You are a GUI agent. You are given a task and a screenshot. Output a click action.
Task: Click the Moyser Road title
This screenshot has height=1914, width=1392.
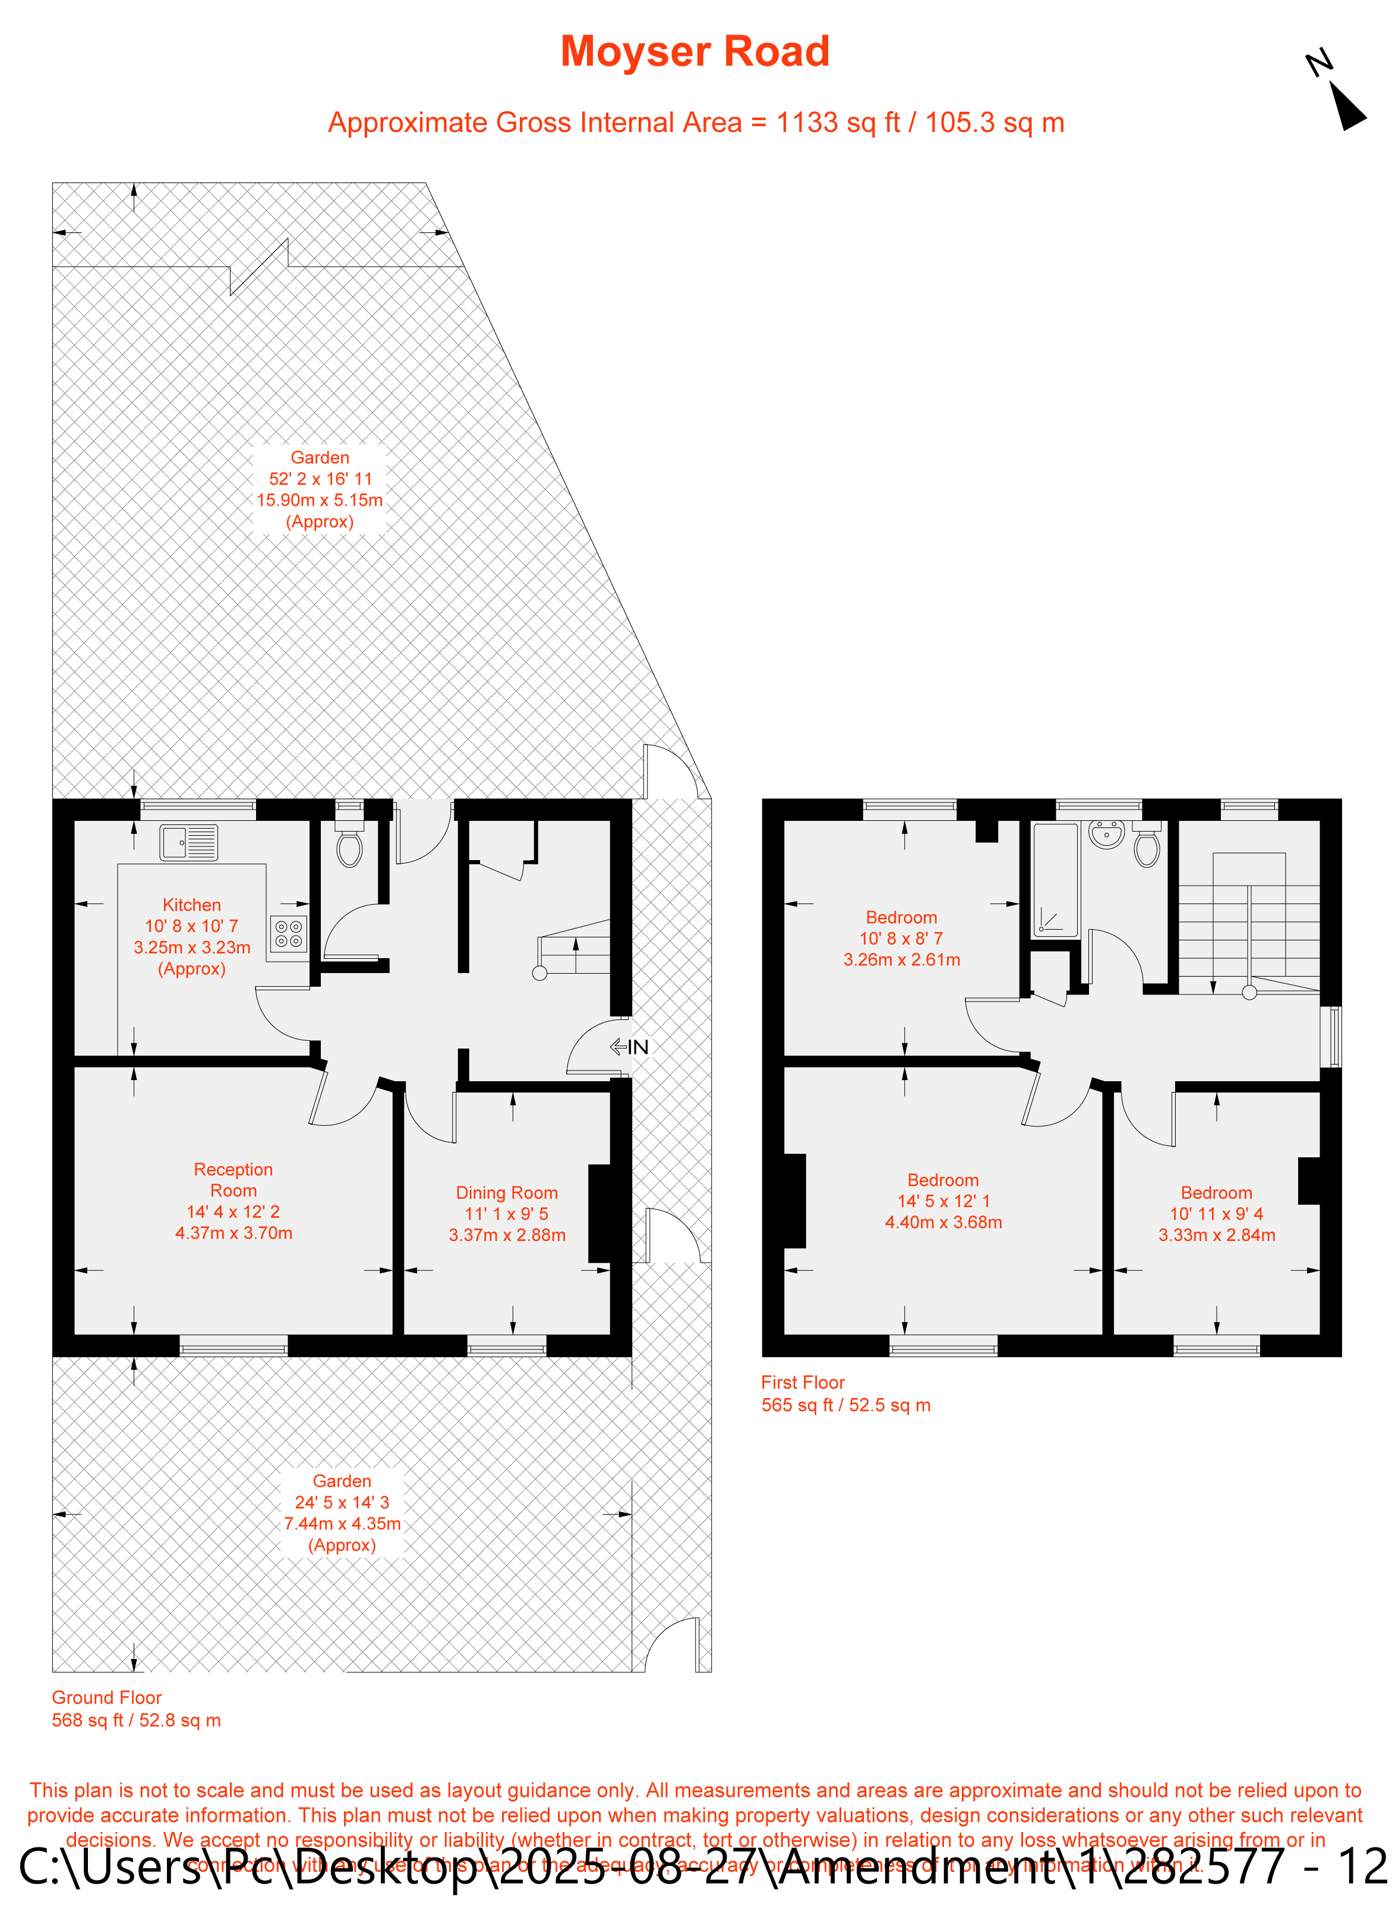695,52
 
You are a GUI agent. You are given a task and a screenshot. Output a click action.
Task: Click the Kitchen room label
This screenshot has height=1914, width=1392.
191,905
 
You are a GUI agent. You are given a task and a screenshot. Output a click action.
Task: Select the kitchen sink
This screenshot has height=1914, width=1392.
188,842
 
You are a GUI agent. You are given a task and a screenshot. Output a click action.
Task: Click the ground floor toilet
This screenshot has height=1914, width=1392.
349,846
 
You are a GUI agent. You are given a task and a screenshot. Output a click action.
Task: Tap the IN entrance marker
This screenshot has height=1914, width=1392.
629,1047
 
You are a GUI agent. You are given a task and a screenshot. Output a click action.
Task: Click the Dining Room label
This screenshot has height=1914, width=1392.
507,1192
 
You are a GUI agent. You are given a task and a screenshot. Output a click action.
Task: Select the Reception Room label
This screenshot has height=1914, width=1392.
233,1180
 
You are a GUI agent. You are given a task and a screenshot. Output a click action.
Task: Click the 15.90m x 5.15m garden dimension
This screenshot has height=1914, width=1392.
320,499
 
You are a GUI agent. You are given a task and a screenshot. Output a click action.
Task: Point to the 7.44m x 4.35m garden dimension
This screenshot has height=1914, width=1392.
342,1523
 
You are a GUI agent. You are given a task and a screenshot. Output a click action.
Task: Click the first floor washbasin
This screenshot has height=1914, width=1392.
1106,835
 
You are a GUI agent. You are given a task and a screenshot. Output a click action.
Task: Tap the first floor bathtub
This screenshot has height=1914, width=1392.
1055,879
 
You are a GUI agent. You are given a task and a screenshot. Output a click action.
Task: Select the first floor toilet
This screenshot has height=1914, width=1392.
1147,847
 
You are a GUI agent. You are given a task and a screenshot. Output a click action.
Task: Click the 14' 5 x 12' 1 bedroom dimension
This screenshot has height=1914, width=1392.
943,1201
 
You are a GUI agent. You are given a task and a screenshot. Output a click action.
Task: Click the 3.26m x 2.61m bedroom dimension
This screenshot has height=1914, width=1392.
902,959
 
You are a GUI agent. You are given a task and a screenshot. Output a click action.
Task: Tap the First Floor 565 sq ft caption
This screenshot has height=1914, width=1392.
845,1393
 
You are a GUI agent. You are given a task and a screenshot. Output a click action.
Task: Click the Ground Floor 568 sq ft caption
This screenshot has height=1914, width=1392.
137,1708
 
